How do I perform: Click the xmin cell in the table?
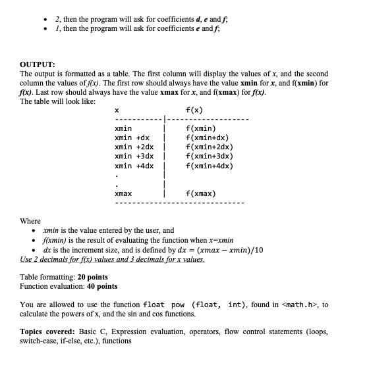[x=123, y=128]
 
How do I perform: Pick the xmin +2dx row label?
[x=134, y=147]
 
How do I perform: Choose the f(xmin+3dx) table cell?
[x=210, y=156]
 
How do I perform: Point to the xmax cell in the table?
[x=123, y=194]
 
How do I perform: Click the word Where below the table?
[x=30, y=222]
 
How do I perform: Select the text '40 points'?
[x=98, y=286]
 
